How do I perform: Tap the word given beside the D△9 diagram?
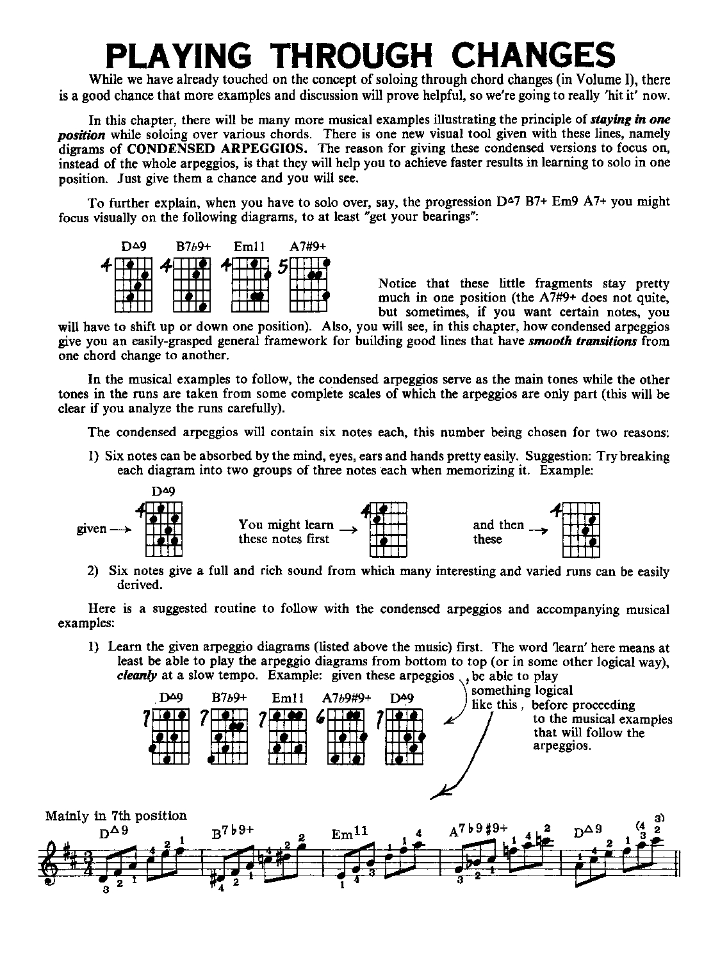click(x=91, y=529)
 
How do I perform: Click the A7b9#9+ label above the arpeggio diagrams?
click(x=347, y=698)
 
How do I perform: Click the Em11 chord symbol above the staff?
click(x=350, y=833)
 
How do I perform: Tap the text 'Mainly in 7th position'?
click(x=116, y=816)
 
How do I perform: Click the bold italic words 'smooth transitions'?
click(x=582, y=341)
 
